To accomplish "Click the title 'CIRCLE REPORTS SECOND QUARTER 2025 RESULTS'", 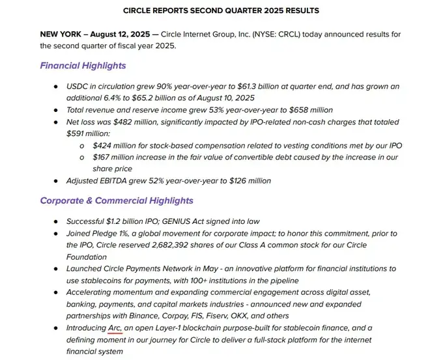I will pos(221,10).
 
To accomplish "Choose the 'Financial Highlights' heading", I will pos(83,66).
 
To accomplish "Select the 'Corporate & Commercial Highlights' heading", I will pos(117,201).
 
